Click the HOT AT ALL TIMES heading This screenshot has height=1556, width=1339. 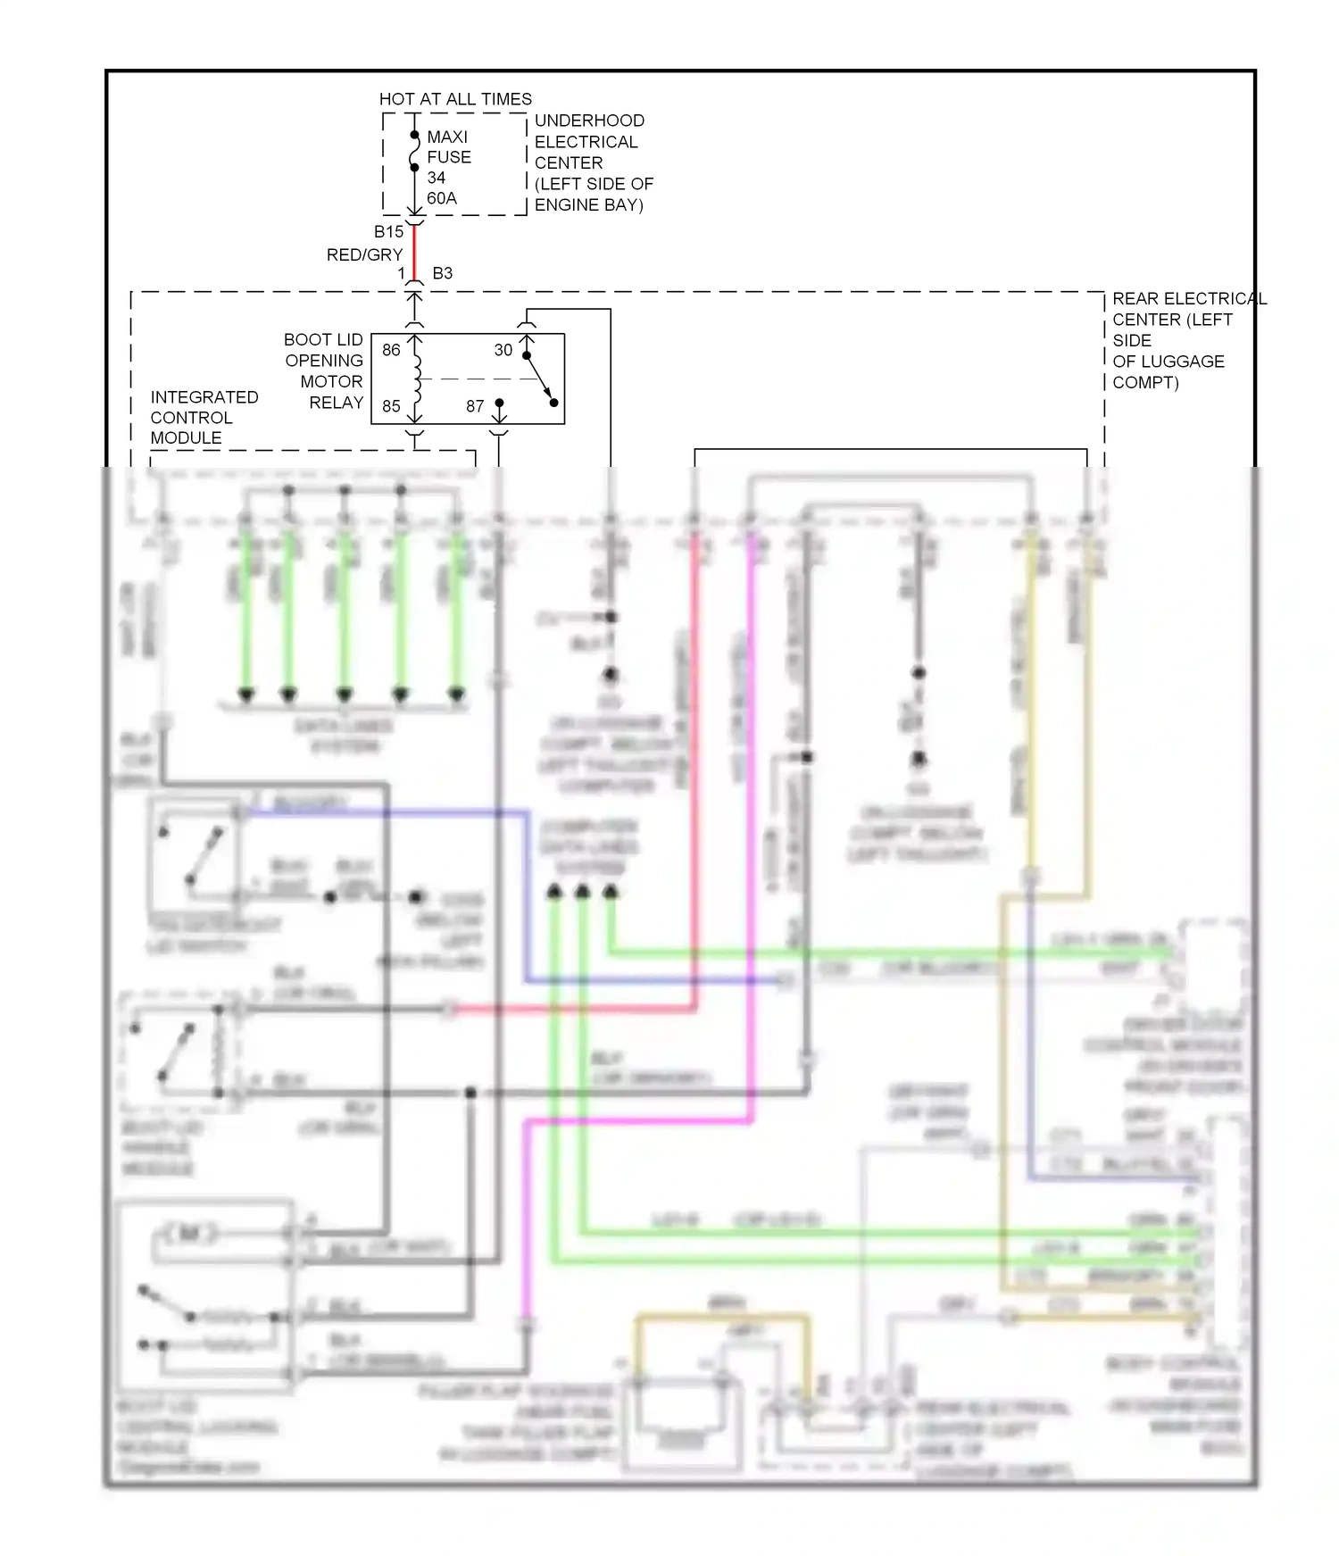[x=455, y=99]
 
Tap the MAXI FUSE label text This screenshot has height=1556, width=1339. [x=448, y=146]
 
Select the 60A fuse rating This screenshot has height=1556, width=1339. [x=442, y=198]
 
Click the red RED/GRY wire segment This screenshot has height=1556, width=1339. [x=414, y=252]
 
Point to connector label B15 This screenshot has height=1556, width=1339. [x=388, y=232]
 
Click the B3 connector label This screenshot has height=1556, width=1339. [x=442, y=273]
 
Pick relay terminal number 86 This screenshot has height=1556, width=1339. [x=391, y=350]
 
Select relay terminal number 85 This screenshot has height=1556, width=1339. [x=391, y=406]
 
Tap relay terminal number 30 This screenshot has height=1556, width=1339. [x=503, y=350]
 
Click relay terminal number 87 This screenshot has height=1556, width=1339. [x=475, y=406]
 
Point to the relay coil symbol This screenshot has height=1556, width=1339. [x=416, y=378]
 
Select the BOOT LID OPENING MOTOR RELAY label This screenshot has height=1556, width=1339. [x=324, y=370]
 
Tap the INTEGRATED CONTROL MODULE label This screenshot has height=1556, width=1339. [x=204, y=417]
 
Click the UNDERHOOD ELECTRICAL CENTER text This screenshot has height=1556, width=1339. [x=593, y=162]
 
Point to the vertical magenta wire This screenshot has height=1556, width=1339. [x=752, y=803]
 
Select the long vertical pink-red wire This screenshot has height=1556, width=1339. [x=694, y=759]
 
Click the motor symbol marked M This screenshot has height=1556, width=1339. [x=188, y=1234]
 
